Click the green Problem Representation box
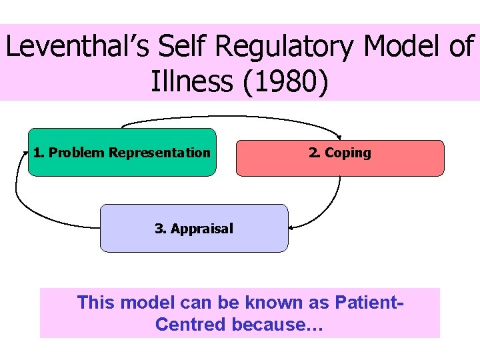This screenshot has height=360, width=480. coord(122,167)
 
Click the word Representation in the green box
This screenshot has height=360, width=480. coord(159,153)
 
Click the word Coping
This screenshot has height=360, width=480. coord(348,153)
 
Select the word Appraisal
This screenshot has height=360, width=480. coord(202,229)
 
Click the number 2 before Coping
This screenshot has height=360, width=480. coord(312,153)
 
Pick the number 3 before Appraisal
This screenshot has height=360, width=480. coord(159,229)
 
